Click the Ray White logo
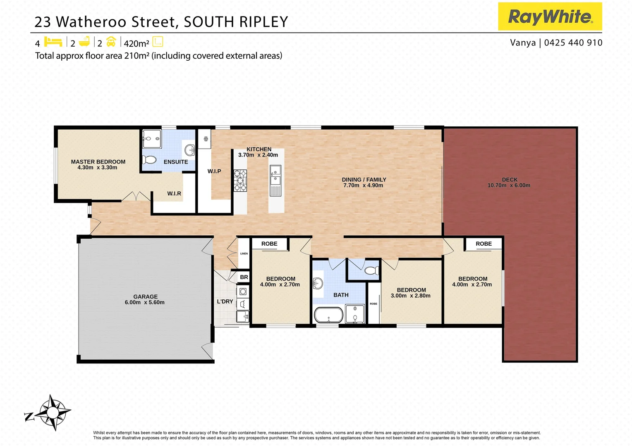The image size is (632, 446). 550,17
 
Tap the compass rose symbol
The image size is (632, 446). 52,412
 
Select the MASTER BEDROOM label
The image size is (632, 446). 98,162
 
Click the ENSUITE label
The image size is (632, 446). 176,162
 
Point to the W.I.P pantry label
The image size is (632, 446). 214,171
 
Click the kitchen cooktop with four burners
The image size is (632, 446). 240,180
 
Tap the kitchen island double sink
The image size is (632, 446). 275,176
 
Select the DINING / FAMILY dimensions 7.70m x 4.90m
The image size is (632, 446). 363,185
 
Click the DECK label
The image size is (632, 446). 510,180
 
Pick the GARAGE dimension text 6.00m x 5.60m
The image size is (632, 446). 145,302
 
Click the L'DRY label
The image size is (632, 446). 225,301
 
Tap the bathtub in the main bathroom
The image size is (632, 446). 329,315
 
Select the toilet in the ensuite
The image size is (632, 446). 149,159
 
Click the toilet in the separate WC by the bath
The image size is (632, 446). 371,271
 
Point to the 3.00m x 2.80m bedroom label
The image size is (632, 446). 411,296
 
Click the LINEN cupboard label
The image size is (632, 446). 244,254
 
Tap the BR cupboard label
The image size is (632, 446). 244,277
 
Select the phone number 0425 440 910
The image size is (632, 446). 573,43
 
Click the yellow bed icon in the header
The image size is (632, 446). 53,42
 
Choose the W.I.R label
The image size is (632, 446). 174,193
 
